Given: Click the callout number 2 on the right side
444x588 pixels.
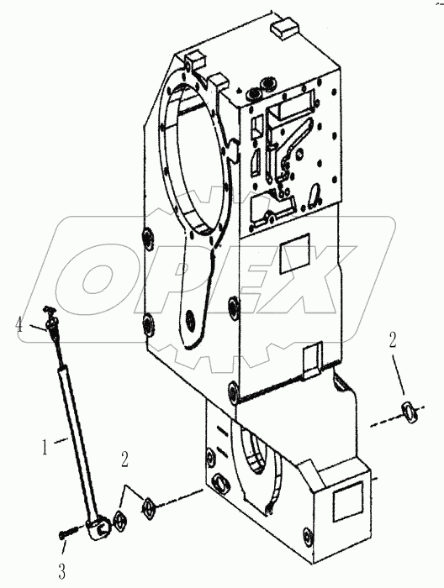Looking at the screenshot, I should coord(392,340).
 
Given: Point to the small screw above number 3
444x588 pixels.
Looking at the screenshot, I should coord(66,533).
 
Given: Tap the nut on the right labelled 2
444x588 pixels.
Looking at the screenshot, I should coord(410,411).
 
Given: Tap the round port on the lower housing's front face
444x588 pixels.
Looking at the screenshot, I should coord(224,480).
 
